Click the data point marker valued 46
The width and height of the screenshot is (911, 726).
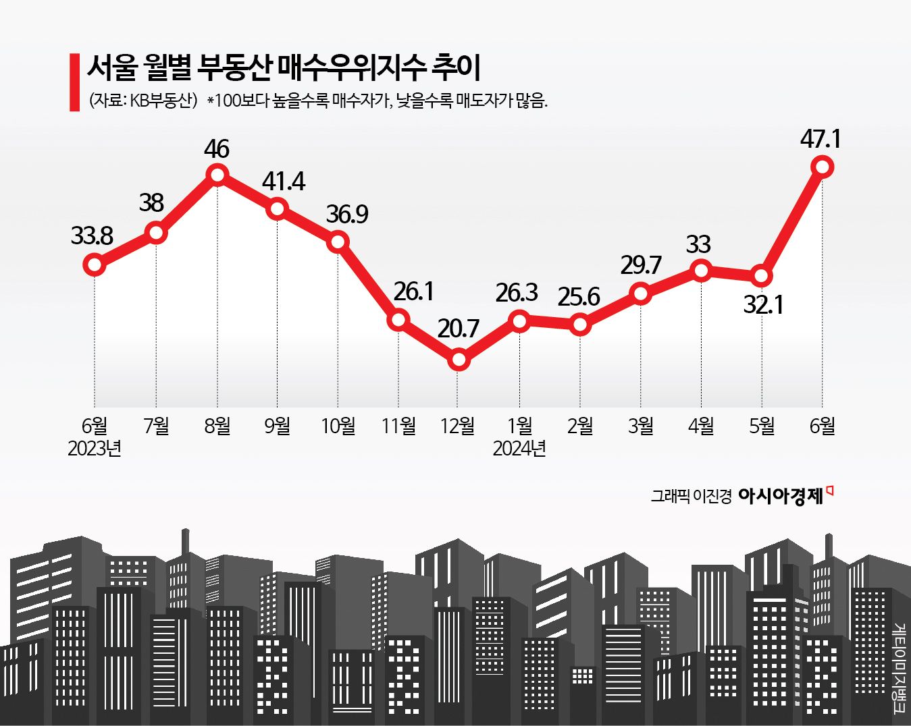(x=217, y=175)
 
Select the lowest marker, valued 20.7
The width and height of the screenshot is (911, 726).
(x=459, y=360)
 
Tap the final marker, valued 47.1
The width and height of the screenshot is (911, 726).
(x=823, y=167)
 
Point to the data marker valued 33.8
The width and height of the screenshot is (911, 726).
(x=95, y=264)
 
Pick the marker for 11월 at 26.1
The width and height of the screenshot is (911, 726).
(x=398, y=319)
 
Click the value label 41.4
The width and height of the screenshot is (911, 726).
(x=283, y=181)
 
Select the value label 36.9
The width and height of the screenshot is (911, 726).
(x=347, y=214)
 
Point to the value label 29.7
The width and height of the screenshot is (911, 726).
(x=641, y=265)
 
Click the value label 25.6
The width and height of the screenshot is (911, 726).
(x=579, y=296)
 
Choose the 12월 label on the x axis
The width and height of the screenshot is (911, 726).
(x=458, y=426)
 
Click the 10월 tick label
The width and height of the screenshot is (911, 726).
(x=338, y=426)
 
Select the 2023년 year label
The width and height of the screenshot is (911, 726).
(x=95, y=449)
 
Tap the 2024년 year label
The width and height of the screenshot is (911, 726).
(x=519, y=449)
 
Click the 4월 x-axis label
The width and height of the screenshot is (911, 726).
(x=701, y=426)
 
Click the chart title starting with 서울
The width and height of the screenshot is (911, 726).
(x=283, y=67)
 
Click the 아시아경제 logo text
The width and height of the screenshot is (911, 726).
(x=781, y=497)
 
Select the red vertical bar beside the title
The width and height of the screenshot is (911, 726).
(x=74, y=82)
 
